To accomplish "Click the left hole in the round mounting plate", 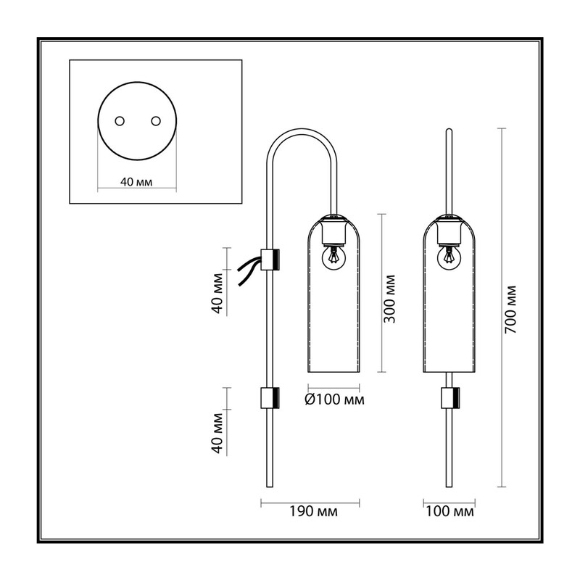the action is click(120, 121).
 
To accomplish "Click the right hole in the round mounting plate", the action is click(156, 121).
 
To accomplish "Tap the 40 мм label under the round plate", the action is click(136, 182).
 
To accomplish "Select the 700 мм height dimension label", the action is click(510, 310).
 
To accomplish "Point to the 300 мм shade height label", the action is click(389, 299).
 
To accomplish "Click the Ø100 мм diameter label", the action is click(334, 399).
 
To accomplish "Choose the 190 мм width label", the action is click(313, 512).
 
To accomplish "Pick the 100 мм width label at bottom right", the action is click(449, 512).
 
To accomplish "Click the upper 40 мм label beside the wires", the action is click(217, 294).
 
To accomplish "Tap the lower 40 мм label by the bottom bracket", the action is click(217, 433).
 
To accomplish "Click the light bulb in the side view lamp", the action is click(334, 257).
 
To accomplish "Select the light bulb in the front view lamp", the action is click(449, 257).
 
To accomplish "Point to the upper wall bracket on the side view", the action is click(270, 259).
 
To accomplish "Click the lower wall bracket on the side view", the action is click(270, 398).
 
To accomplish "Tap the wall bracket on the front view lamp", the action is click(450, 398).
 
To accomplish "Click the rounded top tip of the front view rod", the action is click(449, 130).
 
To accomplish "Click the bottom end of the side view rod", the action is click(270, 486).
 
